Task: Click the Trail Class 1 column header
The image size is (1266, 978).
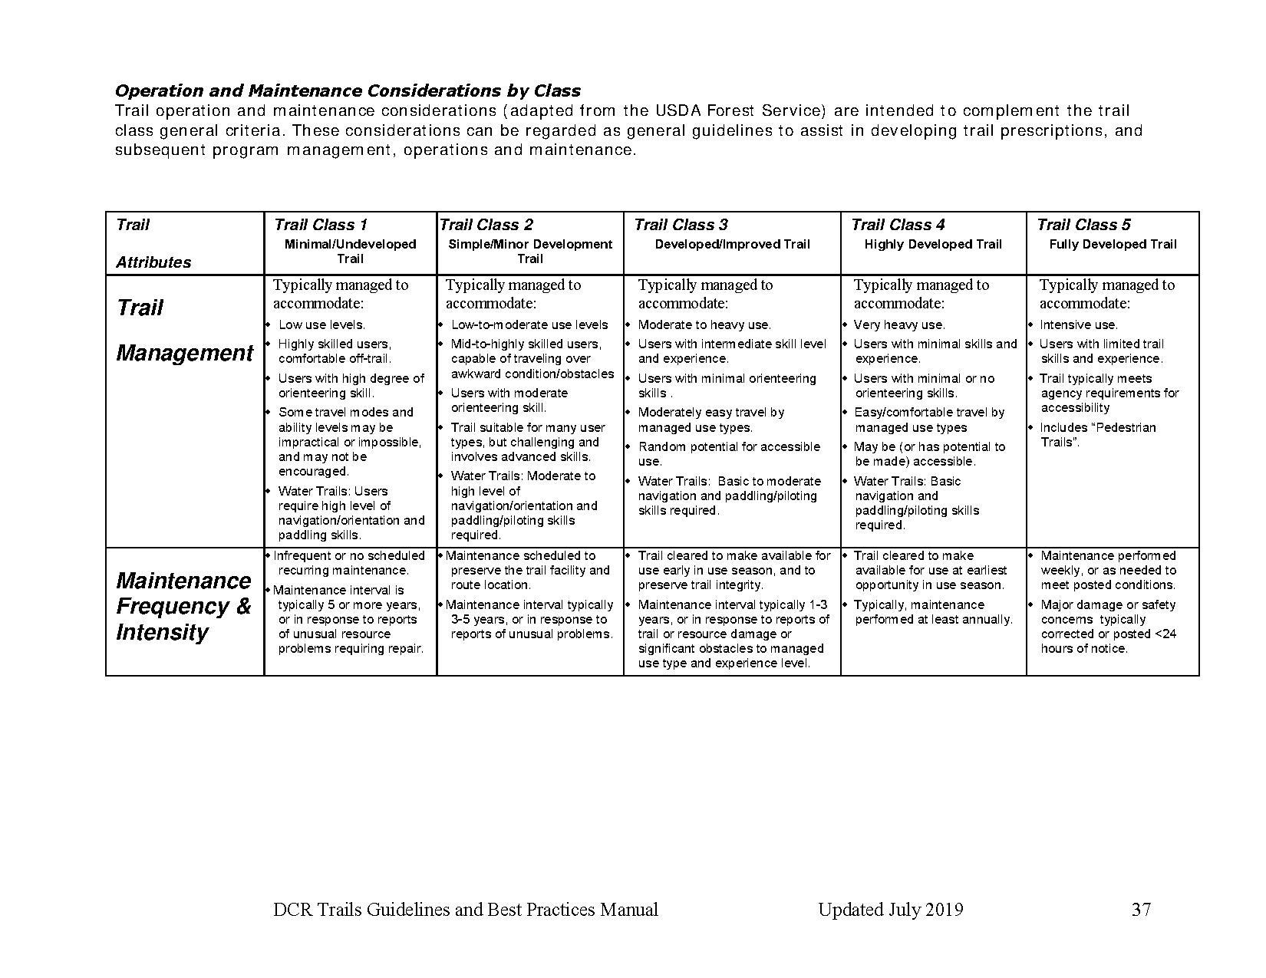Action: (x=320, y=225)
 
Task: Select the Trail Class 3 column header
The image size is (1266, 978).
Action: (x=681, y=225)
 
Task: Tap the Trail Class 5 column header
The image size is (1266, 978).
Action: (x=1083, y=225)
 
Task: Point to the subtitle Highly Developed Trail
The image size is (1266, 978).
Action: (x=932, y=244)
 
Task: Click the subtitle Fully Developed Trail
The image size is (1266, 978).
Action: (x=1113, y=244)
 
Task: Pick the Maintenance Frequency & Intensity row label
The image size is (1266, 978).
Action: (x=183, y=606)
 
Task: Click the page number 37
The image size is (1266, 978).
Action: (x=1141, y=910)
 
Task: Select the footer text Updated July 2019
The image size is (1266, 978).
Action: (x=890, y=910)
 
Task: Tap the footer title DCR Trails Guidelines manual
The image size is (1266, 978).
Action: (x=466, y=910)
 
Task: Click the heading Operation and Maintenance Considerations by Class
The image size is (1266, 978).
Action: (x=348, y=91)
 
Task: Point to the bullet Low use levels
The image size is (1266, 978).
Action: (x=321, y=324)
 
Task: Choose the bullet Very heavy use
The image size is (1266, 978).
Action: (x=899, y=324)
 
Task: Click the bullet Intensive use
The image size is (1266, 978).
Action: (x=1078, y=324)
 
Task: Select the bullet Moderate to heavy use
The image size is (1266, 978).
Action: (x=704, y=324)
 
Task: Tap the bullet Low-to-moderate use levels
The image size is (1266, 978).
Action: (x=529, y=324)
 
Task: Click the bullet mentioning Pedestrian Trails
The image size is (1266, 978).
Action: (x=1096, y=434)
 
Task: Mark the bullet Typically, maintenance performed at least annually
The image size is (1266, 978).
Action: (x=932, y=611)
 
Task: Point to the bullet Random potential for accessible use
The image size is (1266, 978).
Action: (x=728, y=453)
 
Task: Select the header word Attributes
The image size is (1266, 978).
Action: (x=153, y=262)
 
